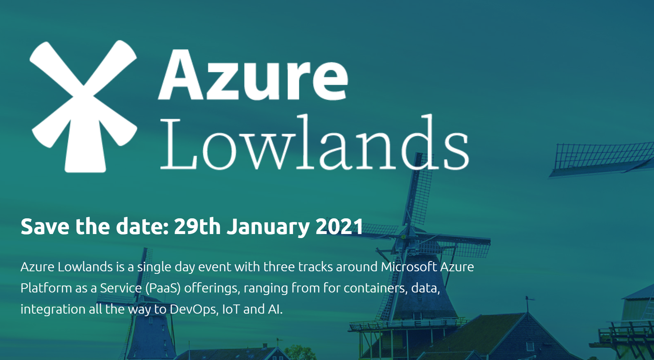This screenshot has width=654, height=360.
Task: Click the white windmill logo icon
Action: (x=84, y=106)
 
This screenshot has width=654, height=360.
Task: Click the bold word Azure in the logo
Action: (x=253, y=75)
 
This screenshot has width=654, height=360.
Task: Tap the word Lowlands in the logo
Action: (x=314, y=143)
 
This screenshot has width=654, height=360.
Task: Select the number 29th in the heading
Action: (x=197, y=226)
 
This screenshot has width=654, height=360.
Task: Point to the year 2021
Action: (x=339, y=226)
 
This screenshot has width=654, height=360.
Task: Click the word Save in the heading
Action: (x=45, y=226)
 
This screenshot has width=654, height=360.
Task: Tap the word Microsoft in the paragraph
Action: (x=409, y=267)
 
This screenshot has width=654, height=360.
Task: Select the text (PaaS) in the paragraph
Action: (x=163, y=288)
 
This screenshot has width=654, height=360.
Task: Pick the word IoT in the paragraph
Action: (x=231, y=309)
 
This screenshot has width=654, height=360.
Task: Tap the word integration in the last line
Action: (x=53, y=309)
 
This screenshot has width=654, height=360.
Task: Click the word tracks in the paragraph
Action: (x=315, y=267)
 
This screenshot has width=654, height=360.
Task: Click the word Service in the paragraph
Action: (x=121, y=288)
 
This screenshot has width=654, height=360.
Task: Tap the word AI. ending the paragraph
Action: (x=275, y=309)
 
